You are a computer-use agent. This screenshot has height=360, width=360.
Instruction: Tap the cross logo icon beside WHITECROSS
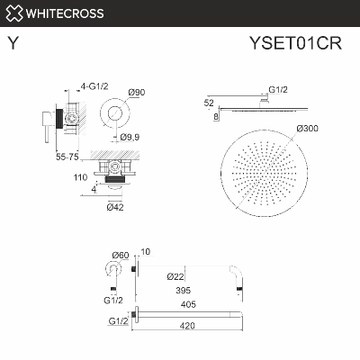[13, 13]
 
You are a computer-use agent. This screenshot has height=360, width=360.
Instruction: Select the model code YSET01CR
[305, 41]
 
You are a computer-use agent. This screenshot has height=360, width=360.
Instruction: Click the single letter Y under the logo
[12, 41]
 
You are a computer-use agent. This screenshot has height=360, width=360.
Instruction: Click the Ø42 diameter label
[114, 208]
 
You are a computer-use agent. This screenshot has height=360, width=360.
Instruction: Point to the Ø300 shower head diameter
[308, 130]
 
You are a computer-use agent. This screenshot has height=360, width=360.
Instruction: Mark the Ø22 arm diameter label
[176, 276]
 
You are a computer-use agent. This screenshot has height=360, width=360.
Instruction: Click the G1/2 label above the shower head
[277, 91]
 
